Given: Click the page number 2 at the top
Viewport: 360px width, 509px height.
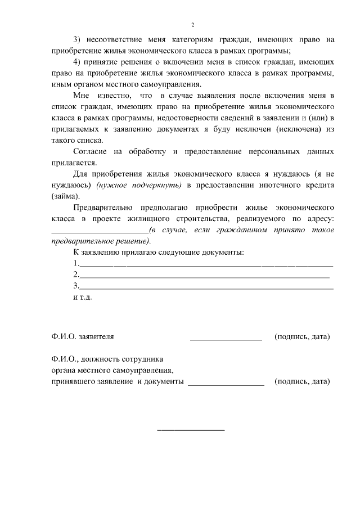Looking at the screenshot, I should click(x=192, y=25).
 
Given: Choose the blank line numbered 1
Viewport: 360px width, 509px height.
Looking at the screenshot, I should click(x=205, y=264).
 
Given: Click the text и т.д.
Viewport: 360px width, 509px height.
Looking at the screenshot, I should click(x=82, y=296).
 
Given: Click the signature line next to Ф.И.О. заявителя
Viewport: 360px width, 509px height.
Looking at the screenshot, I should click(x=226, y=339).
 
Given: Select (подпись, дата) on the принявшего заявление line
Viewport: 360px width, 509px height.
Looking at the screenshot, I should click(x=302, y=381).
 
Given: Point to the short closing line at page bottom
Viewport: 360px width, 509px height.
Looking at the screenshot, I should click(x=190, y=430).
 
